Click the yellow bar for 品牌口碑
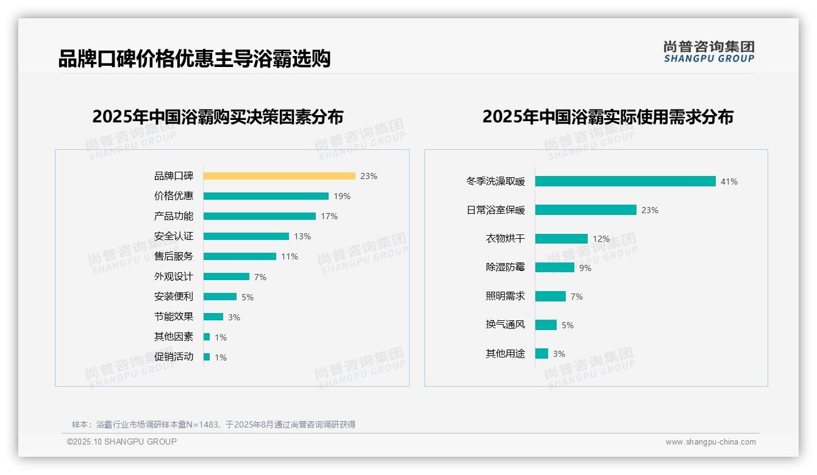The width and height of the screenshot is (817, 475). [x=279, y=176]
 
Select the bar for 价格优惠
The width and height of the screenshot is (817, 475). [x=266, y=196]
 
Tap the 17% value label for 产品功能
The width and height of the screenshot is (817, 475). [x=329, y=216]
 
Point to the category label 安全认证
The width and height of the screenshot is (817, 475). [x=173, y=236]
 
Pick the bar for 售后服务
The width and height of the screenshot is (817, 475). [x=240, y=256]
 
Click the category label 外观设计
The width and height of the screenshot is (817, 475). [x=173, y=276]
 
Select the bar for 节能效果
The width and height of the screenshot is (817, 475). [x=213, y=317]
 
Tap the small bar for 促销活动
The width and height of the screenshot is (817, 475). [x=207, y=357]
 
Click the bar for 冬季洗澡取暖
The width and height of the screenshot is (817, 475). [x=625, y=181]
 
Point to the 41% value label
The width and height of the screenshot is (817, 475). [x=729, y=181]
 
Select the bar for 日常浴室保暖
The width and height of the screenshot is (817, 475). [x=585, y=210]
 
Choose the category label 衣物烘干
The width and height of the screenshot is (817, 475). [x=505, y=239]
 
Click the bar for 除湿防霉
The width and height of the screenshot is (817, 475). [x=555, y=267]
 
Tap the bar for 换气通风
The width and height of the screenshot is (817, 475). [x=546, y=325]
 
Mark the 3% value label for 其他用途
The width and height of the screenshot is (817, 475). [x=559, y=354]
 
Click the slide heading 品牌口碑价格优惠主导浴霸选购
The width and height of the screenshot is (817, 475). [x=194, y=59]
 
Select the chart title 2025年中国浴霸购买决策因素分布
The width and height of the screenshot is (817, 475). [x=218, y=116]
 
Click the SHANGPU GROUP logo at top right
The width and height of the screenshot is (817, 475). [x=709, y=52]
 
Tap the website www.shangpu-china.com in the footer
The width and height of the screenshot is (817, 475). [x=710, y=442]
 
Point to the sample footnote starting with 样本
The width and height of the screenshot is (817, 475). [x=213, y=424]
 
